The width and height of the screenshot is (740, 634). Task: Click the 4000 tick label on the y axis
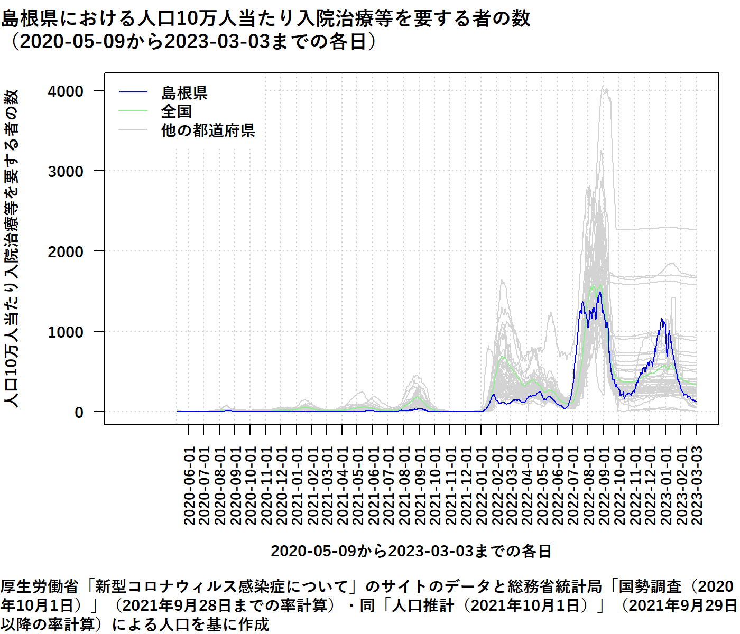pos(66,91)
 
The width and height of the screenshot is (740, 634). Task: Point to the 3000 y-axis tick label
pos(66,172)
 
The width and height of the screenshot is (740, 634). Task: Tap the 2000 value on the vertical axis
pos(66,252)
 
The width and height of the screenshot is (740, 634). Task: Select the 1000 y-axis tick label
pos(66,332)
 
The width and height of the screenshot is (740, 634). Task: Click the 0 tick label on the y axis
pos(79,413)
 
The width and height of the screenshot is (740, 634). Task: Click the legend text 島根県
pos(184,93)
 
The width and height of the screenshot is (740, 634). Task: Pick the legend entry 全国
pos(176,111)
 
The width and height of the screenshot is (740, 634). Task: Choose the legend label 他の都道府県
pos(208,130)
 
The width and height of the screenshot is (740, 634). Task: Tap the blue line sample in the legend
pos(133,92)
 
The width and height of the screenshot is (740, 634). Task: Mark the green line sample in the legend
pos(133,111)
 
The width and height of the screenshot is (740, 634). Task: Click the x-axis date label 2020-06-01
pos(189,486)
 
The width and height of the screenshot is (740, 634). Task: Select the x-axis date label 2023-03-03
pos(697,486)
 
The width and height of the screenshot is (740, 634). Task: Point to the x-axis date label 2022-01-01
pos(481,486)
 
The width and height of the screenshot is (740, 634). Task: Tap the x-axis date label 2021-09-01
pos(420,486)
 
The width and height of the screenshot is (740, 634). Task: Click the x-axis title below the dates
pos(411,551)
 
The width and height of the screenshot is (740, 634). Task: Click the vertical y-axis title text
pos(12,248)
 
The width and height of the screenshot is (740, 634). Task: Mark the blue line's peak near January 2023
pos(662,319)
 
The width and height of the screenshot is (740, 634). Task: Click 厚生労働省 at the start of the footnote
pos(39,586)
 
